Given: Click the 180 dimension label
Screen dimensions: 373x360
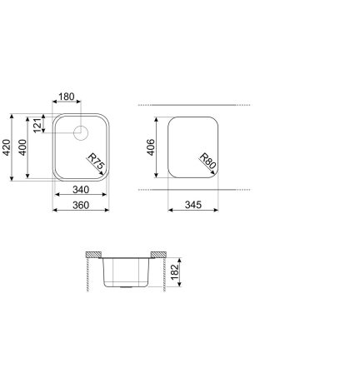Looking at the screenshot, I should tap(67, 97).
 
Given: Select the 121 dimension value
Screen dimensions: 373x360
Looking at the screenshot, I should tap(38, 125).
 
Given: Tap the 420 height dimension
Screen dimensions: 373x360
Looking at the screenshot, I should tap(7, 147).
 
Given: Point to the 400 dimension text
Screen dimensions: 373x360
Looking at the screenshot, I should tap(24, 147).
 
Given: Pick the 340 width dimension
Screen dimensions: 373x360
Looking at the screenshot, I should tap(81, 189).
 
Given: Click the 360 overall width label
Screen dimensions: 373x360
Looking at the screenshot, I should tap(81, 205).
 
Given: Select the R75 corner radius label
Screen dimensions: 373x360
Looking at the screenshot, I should tap(95, 162).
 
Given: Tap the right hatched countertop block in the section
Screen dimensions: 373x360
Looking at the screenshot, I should tap(156, 253).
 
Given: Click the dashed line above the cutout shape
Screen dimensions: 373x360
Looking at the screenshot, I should tap(193, 106).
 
